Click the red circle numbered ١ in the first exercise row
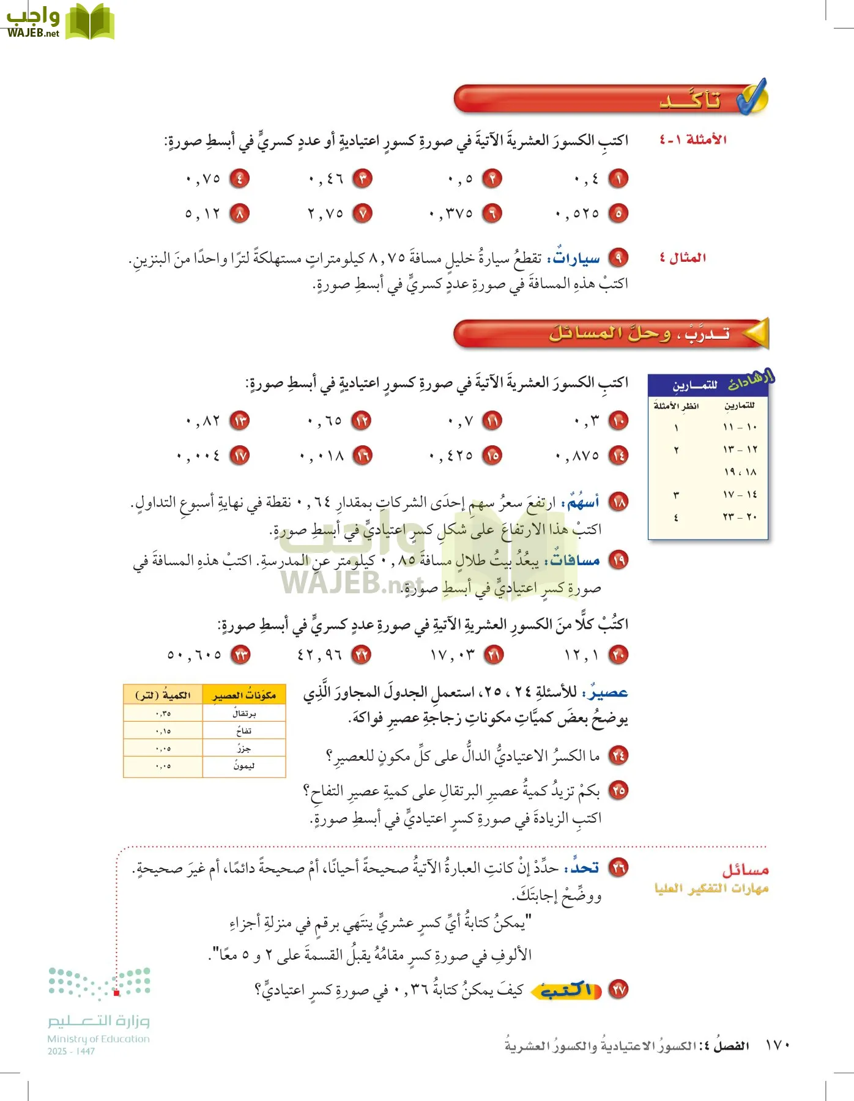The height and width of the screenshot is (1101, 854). tap(618, 179)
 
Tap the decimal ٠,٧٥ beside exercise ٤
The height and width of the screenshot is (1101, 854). tap(203, 179)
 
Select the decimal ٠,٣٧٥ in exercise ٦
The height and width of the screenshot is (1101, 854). tap(451, 213)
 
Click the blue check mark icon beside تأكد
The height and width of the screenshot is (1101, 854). tap(751, 97)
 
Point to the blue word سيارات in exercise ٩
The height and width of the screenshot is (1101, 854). tap(576, 259)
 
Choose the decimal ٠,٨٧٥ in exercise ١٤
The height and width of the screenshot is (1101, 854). tap(577, 456)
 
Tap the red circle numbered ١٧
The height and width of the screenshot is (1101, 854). tap(240, 456)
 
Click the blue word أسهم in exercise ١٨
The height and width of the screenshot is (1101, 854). tap(583, 503)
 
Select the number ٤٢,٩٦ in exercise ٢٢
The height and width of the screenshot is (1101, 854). tap(319, 655)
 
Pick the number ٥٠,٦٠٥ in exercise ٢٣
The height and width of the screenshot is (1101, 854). tap(195, 655)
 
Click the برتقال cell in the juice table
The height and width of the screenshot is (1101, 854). tap(244, 713)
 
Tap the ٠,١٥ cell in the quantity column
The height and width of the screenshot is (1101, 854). tap(163, 731)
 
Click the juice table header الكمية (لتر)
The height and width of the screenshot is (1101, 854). tap(163, 695)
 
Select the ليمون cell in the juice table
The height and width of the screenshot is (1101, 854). tap(244, 766)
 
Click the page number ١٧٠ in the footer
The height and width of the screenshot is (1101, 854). tap(778, 1045)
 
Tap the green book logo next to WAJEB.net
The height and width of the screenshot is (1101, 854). tap(90, 21)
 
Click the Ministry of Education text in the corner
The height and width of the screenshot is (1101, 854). tap(98, 1039)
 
